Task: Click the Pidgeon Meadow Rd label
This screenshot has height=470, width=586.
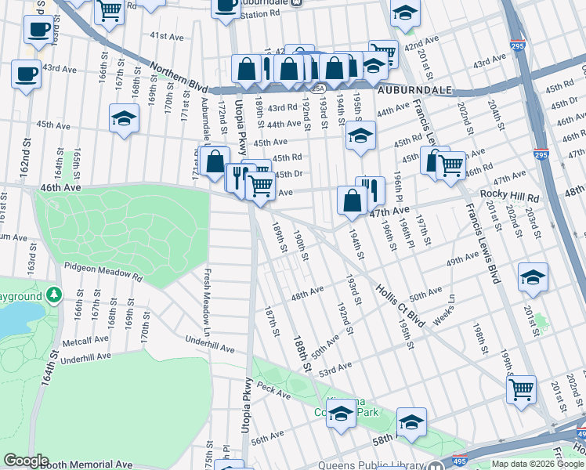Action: click(104, 271)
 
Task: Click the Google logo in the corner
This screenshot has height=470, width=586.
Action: click(25, 461)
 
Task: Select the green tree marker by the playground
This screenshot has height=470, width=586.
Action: click(54, 295)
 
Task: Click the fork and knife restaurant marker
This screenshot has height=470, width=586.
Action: click(370, 189)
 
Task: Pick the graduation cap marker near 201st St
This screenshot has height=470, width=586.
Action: click(533, 277)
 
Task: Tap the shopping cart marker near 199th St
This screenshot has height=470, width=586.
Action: click(521, 389)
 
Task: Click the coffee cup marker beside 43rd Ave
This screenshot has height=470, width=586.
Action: click(26, 74)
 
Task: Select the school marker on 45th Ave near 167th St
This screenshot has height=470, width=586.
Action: click(124, 118)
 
